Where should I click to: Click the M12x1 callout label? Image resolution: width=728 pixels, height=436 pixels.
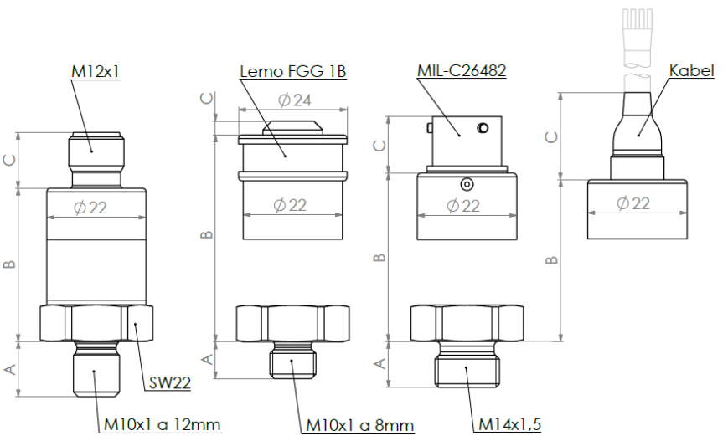point(96,72)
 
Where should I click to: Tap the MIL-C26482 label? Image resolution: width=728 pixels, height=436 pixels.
point(461,71)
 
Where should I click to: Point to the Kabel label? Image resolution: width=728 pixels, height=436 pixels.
point(691,71)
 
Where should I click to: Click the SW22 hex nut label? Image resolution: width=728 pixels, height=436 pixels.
point(170,383)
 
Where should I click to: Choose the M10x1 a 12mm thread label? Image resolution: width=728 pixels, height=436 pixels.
point(162,425)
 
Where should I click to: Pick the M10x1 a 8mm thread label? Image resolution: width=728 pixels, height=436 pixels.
point(359,425)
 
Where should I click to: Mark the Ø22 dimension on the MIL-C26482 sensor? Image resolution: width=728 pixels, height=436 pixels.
point(463,204)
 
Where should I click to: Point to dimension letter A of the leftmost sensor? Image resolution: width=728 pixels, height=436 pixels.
point(11,369)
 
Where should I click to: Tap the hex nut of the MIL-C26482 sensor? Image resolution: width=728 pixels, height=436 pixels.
point(467,323)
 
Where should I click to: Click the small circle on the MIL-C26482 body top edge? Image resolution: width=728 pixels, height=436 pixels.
point(467,183)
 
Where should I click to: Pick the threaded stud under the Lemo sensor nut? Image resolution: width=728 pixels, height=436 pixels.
point(292,362)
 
